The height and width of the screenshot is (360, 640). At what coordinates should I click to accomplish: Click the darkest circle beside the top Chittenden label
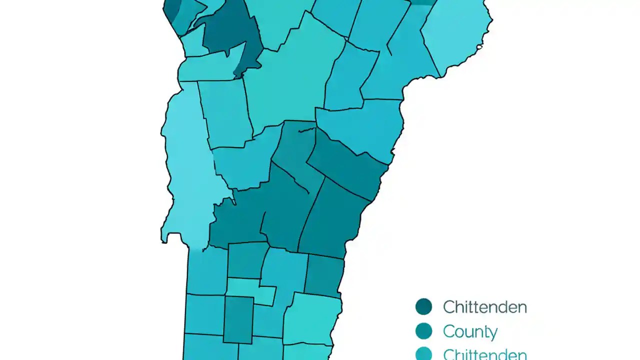point(423,306)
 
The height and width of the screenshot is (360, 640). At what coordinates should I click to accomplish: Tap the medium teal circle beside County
point(423,331)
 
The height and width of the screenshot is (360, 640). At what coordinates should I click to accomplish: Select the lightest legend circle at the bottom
point(423,354)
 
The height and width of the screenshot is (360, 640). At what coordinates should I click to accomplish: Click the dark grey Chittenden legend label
point(484,306)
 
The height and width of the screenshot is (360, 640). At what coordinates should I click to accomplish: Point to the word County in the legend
point(470,331)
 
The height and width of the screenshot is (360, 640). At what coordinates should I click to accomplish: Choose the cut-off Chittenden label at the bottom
point(484,354)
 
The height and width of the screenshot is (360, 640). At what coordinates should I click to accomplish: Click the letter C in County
point(448,331)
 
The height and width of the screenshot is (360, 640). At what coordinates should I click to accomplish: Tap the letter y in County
point(492,333)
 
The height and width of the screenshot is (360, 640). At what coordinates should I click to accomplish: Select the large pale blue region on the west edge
point(187,165)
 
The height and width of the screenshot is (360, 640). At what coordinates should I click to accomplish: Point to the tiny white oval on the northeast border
point(479,47)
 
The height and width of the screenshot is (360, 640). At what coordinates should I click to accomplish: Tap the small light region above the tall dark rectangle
point(250,289)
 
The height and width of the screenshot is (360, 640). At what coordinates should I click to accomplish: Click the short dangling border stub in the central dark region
point(306,130)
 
